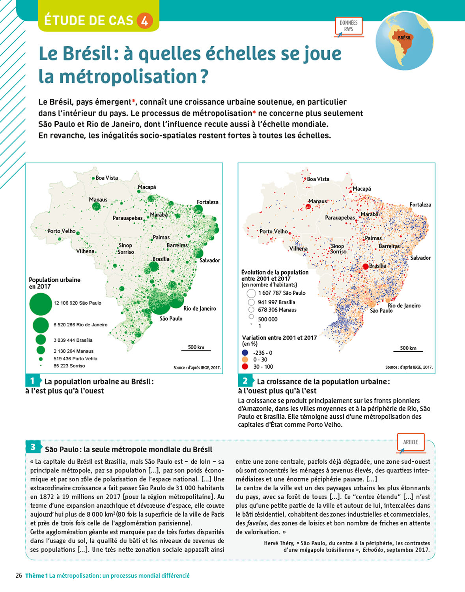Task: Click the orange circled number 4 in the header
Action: click(144, 20)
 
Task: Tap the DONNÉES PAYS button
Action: click(349, 26)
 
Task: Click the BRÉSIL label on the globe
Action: click(404, 38)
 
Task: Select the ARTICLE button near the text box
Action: click(411, 442)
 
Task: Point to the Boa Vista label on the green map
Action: click(106, 178)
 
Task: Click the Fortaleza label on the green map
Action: click(207, 202)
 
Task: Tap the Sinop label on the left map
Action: click(125, 245)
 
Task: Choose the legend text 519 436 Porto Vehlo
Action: click(75, 359)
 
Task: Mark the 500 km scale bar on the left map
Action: click(196, 350)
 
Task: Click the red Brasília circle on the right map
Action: click(366, 267)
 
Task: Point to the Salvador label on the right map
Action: click(420, 258)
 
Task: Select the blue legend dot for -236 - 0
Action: click(245, 353)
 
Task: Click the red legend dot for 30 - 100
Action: click(245, 367)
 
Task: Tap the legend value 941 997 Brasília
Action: click(276, 302)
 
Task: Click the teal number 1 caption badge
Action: click(32, 381)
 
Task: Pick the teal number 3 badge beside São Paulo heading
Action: click(33, 447)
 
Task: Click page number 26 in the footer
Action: click(19, 575)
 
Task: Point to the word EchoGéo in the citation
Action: click(373, 550)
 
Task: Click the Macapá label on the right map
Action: click(362, 189)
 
